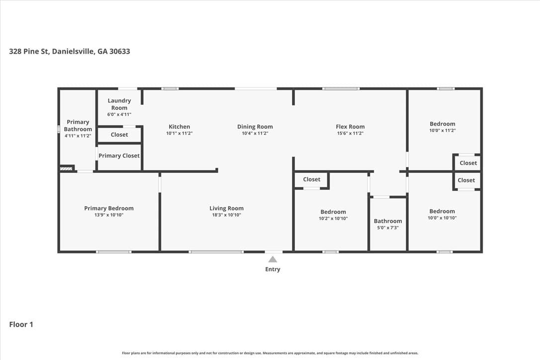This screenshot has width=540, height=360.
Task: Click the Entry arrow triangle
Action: (273, 260)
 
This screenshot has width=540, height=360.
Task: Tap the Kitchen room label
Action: (179, 127)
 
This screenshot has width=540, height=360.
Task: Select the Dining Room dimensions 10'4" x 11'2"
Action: (255, 133)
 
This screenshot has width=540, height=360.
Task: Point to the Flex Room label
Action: (350, 127)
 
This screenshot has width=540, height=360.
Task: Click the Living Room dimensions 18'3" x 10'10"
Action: (227, 215)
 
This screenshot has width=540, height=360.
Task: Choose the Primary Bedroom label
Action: (109, 208)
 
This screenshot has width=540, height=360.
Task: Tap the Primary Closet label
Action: (119, 156)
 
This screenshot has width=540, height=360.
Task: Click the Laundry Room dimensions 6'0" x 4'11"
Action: (119, 114)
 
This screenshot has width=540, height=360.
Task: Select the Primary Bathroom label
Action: (78, 126)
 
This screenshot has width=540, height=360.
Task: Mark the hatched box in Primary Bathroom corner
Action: (66, 169)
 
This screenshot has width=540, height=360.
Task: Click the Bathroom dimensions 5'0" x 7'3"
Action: (388, 228)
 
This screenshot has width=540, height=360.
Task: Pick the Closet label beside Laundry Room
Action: (119, 135)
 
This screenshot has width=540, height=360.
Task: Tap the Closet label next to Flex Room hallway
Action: (312, 180)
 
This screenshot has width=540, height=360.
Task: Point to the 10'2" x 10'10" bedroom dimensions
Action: (333, 218)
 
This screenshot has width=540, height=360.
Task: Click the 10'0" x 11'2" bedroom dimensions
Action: (443, 131)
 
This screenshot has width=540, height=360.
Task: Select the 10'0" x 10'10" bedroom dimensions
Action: (442, 218)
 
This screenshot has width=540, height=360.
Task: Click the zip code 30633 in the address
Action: (119, 51)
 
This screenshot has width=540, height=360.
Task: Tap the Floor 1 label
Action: (21, 325)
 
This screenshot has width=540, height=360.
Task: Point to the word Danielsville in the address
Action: (73, 51)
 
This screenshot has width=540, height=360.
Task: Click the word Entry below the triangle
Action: (273, 270)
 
